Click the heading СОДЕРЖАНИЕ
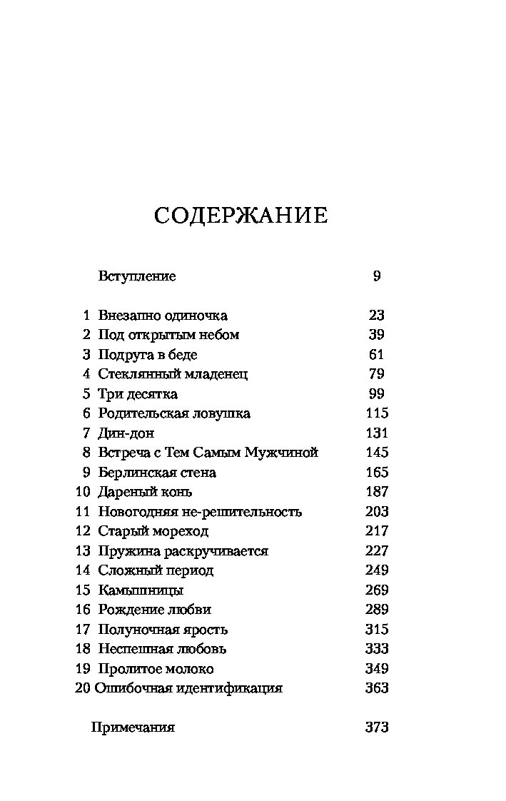tap(241, 216)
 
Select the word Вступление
tap(136, 276)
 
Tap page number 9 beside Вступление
tap(377, 276)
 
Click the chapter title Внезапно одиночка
tap(163, 316)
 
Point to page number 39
tap(376, 335)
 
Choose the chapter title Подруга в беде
tap(148, 355)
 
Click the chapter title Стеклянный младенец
tap(173, 374)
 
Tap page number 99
tap(376, 394)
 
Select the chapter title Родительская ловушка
tap(174, 413)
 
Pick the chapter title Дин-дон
tap(126, 433)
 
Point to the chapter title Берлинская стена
tap(157, 473)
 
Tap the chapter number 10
tap(83, 492)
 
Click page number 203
tap(376, 512)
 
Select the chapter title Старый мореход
tap(153, 531)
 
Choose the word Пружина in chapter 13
tap(123, 551)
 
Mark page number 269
tap(376, 590)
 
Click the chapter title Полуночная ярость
tap(163, 630)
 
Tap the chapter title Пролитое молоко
tap(156, 669)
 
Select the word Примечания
tap(133, 727)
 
